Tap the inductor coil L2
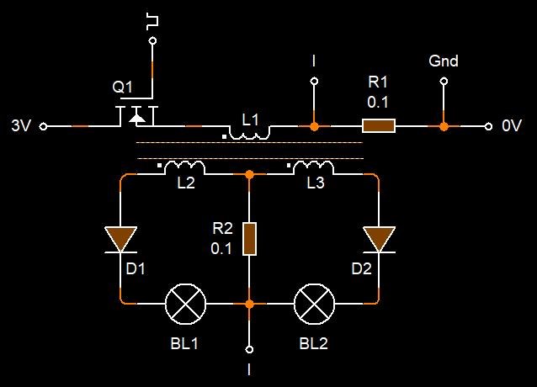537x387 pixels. click(184, 167)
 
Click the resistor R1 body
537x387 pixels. click(378, 126)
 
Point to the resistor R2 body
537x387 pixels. click(249, 238)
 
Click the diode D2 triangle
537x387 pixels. click(378, 239)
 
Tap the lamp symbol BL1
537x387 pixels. click(185, 303)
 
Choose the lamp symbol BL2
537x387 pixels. click(314, 303)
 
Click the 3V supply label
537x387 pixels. click(21, 126)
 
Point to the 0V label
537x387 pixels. click(512, 126)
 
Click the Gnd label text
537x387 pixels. click(444, 61)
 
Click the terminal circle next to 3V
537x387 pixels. click(44, 126)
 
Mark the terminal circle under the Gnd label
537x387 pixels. click(444, 82)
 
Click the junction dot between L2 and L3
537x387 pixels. click(249, 174)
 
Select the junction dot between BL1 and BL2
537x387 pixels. click(249, 303)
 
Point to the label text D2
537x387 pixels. click(361, 269)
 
